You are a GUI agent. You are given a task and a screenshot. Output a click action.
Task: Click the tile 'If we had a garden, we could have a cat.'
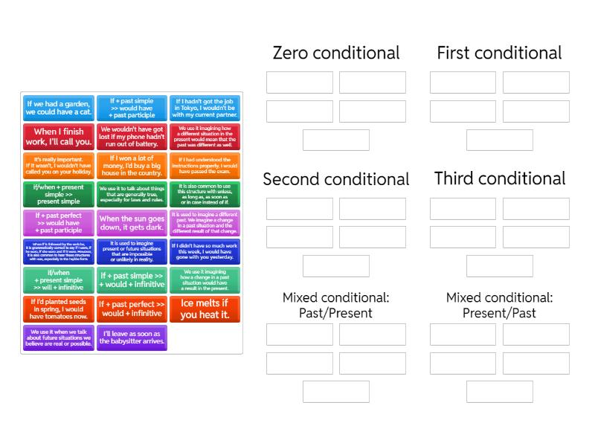59,108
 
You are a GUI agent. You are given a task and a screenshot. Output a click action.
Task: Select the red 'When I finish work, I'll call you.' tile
59,137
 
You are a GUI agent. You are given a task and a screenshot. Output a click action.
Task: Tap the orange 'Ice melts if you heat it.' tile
205,309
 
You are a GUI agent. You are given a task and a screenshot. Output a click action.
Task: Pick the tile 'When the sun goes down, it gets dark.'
132,223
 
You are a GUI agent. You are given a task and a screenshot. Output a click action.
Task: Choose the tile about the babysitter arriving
132,337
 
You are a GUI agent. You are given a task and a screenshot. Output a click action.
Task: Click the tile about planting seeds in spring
59,309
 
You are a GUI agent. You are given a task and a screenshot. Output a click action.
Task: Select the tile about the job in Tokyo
205,108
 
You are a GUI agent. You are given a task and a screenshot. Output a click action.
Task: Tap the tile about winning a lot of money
132,166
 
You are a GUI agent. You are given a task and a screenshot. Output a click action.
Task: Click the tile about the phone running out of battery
132,137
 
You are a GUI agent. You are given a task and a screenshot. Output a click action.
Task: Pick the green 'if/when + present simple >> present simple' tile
59,194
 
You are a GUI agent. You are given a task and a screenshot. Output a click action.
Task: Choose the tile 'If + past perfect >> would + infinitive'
132,309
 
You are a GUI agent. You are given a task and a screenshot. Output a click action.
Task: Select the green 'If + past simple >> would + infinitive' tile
132,280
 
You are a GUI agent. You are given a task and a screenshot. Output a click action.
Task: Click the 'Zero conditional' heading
336,53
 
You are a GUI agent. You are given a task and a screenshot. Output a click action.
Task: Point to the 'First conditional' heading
499,53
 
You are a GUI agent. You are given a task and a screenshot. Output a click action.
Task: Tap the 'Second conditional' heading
336,179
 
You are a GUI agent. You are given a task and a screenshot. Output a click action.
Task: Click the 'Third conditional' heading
499,178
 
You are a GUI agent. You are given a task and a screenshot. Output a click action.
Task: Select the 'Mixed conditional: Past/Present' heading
336,305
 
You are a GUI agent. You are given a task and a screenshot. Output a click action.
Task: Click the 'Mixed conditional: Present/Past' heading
499,305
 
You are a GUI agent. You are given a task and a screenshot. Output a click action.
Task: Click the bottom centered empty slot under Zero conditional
336,140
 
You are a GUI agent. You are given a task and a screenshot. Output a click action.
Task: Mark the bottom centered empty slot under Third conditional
499,265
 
